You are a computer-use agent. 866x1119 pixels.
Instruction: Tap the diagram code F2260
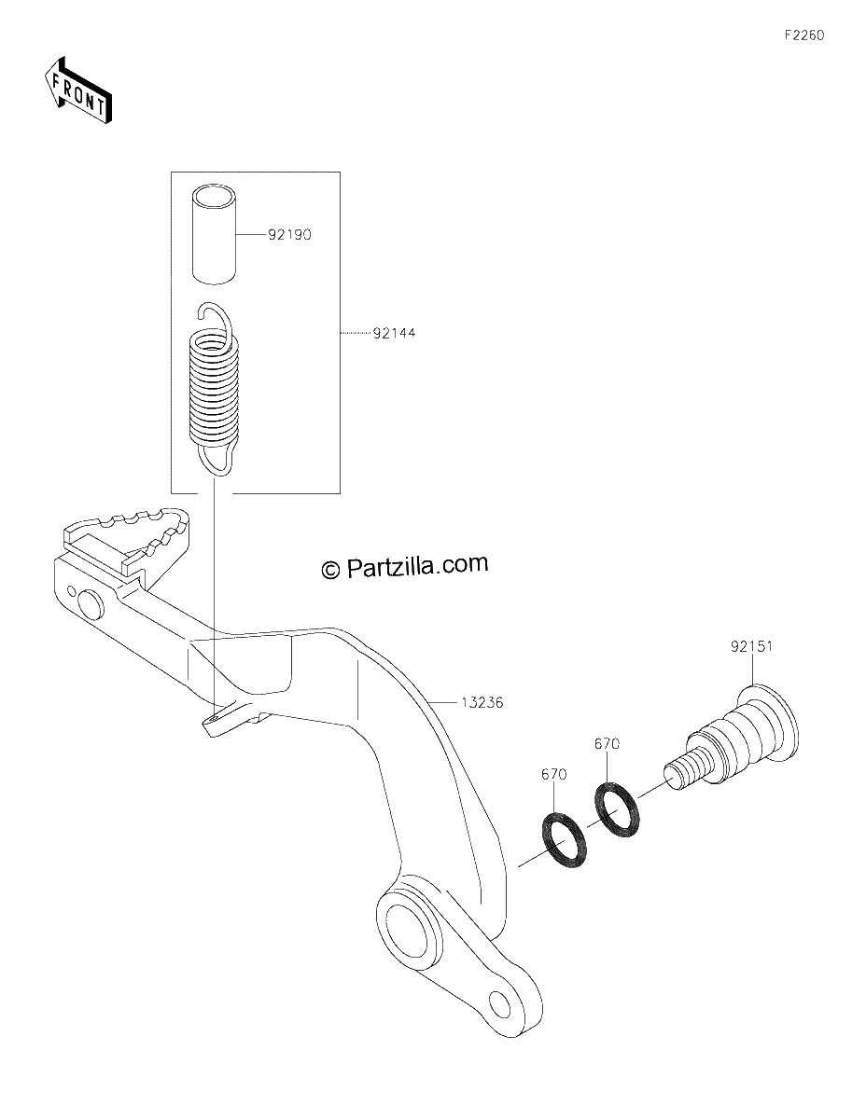tap(804, 35)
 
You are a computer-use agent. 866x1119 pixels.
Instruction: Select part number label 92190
tap(289, 235)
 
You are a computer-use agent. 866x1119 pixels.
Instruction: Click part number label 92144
tap(394, 333)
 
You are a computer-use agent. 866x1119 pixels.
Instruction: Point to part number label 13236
tap(482, 702)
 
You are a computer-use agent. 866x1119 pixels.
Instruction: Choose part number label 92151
tap(751, 645)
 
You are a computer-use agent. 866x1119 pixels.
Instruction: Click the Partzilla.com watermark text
tap(404, 566)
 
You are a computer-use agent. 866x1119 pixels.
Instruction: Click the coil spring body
tap(212, 387)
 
